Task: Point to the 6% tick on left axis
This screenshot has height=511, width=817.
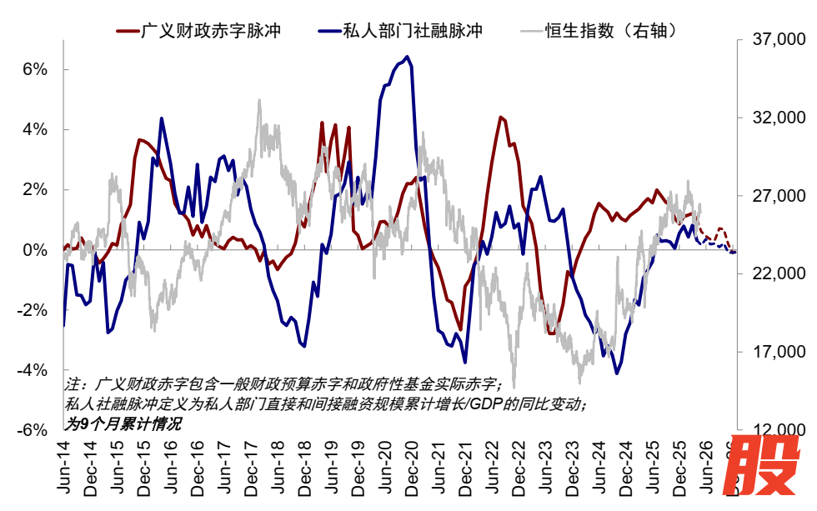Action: (34, 69)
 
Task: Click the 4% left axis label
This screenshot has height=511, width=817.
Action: (34, 129)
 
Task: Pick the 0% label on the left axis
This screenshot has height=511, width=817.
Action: (34, 250)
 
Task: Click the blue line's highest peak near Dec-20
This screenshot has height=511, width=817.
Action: (407, 57)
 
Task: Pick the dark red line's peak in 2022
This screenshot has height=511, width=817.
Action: (499, 117)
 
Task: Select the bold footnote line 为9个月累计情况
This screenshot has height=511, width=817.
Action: (123, 423)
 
